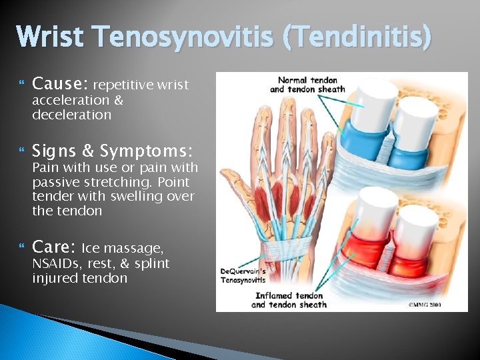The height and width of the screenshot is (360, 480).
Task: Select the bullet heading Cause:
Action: coord(60,84)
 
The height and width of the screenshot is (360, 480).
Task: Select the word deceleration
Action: coord(71,115)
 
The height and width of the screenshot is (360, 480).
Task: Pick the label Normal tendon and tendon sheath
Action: coord(307,85)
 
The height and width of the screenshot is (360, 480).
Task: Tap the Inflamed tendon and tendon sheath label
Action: coord(289,300)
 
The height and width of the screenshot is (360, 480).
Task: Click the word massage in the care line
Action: coord(138,249)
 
